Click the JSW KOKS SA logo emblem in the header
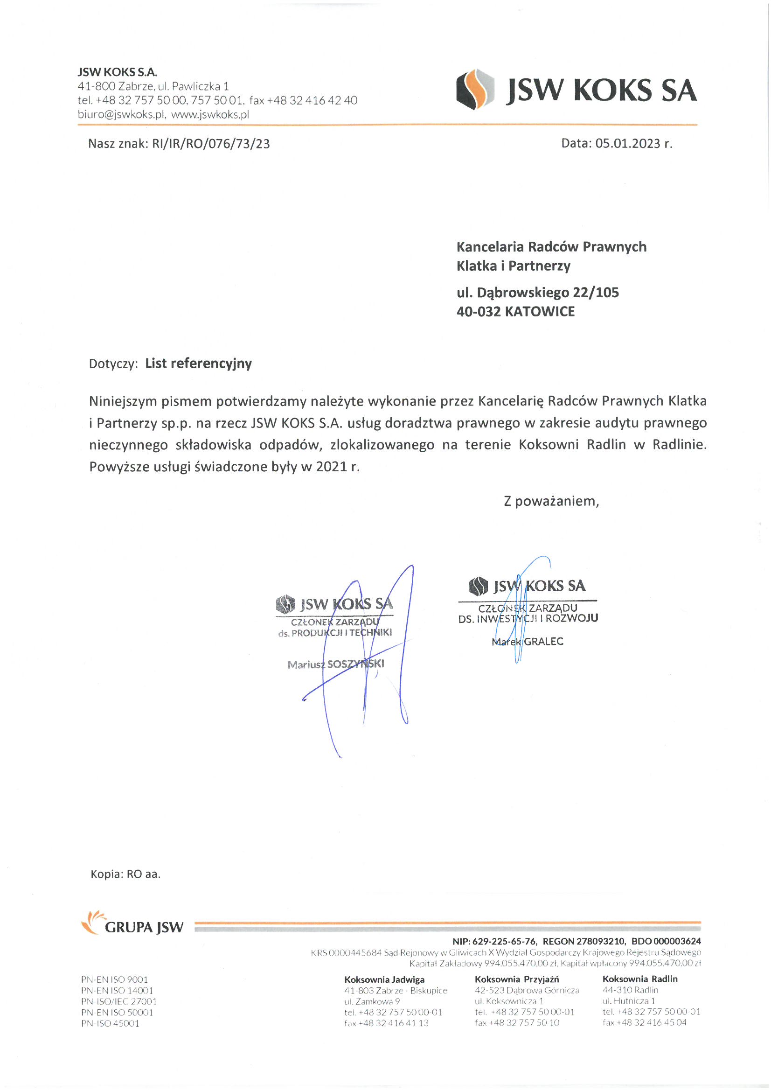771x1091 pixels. tap(474, 89)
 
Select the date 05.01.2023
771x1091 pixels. tap(627, 144)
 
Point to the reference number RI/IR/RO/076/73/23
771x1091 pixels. tap(210, 144)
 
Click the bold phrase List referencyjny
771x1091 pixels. tap(199, 364)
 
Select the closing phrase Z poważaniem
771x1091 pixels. tap(551, 501)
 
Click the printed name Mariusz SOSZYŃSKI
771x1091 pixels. tap(335, 664)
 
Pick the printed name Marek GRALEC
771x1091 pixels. tap(528, 642)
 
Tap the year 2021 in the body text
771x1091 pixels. tap(332, 467)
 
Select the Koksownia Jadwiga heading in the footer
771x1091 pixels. tap(384, 979)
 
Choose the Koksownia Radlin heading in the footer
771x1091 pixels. tap(639, 979)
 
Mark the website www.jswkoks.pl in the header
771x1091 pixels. tap(210, 114)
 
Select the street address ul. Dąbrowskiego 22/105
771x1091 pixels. tap(537, 293)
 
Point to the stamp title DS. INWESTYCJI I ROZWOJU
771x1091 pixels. tap(528, 619)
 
